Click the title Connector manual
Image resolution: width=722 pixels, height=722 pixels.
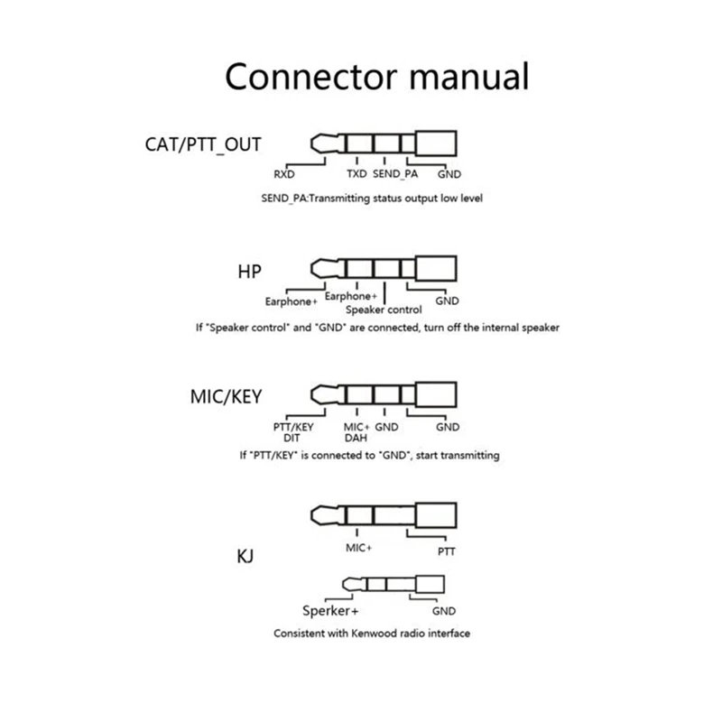[x=376, y=77]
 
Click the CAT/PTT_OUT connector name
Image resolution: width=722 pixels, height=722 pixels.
[x=203, y=144]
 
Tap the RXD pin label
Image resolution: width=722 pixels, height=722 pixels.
[x=284, y=174]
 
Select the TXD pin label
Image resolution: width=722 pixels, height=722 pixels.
[x=356, y=173]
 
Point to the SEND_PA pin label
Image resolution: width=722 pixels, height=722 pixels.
[x=395, y=173]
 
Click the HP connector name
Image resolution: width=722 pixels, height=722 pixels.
[x=250, y=272]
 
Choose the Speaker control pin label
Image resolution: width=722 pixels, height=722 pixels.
[x=384, y=310]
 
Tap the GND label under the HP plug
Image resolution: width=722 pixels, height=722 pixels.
[x=447, y=301]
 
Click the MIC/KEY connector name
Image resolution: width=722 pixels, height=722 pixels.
[x=227, y=396]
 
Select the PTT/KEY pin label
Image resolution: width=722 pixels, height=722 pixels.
[x=293, y=427]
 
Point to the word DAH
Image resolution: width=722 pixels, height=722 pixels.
[x=356, y=438]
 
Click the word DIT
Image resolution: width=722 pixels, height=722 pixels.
[x=292, y=438]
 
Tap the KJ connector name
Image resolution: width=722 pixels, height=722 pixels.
[x=245, y=556]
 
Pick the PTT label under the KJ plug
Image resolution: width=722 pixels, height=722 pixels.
[x=446, y=551]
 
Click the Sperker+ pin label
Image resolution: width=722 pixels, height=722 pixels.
[x=330, y=611]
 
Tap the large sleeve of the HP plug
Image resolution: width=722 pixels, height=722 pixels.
[x=436, y=268]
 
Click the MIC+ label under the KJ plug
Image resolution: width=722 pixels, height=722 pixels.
[x=358, y=548]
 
